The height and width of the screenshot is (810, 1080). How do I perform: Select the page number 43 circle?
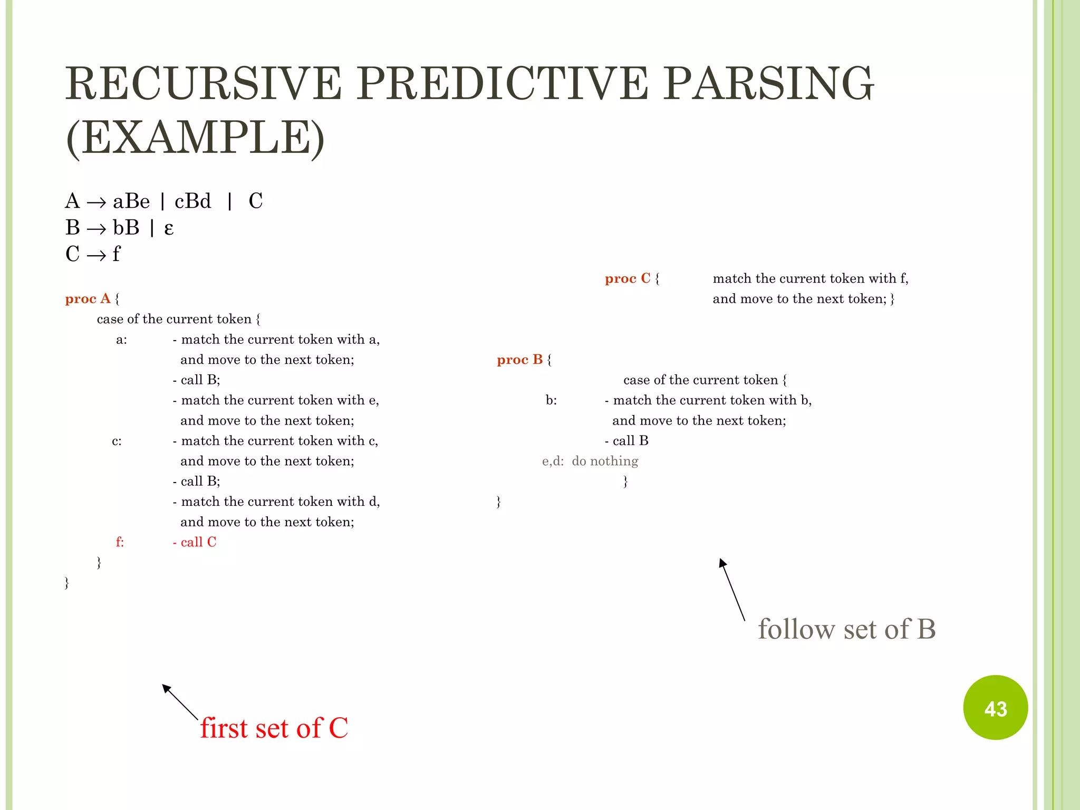995,708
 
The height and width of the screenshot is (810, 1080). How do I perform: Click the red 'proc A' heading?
88,298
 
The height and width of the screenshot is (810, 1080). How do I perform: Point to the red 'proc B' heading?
519,360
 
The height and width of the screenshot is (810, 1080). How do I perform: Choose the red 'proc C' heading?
628,278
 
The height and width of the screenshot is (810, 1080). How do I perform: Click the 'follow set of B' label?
846,629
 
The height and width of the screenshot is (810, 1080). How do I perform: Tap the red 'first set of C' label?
274,728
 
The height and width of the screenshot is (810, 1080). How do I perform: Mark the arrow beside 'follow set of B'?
732,589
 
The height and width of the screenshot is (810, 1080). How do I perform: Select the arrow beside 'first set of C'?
179,701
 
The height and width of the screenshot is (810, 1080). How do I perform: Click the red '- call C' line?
195,542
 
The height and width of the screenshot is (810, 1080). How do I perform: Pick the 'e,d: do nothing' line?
590,461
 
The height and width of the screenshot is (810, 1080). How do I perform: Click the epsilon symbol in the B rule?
169,228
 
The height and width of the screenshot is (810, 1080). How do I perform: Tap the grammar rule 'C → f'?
93,254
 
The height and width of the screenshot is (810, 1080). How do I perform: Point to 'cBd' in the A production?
192,201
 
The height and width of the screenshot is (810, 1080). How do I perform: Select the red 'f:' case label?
120,542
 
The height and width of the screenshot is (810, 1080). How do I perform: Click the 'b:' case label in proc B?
551,400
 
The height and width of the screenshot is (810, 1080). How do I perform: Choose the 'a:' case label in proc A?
121,340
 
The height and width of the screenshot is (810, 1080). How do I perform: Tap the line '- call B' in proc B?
626,441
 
